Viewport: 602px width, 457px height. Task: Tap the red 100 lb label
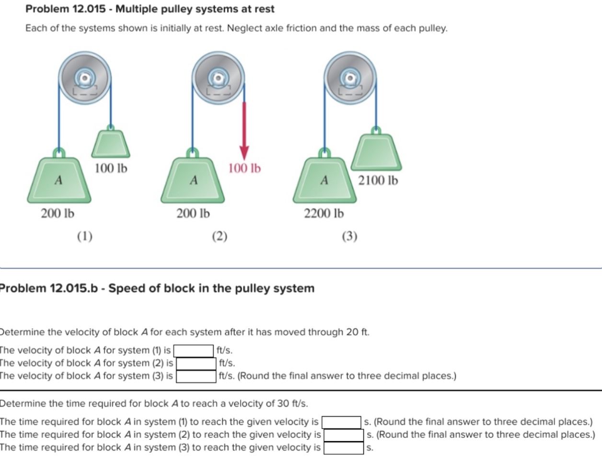(x=244, y=168)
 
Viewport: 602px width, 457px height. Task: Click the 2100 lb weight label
(x=378, y=181)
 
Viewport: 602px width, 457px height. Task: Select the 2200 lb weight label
(x=324, y=213)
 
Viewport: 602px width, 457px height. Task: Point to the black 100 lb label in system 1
(x=111, y=168)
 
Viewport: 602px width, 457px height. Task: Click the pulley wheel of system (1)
(x=85, y=78)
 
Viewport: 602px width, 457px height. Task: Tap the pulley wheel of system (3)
(x=350, y=78)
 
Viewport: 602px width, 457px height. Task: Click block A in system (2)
(x=193, y=181)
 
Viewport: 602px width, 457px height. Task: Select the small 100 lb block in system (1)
(x=111, y=144)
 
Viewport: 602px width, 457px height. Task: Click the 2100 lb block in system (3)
(x=376, y=152)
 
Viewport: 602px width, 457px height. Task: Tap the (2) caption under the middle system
(x=220, y=236)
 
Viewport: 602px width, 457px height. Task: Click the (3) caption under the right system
(x=349, y=236)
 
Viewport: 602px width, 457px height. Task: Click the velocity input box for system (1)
(x=194, y=351)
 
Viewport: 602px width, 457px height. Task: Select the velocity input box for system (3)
(x=196, y=376)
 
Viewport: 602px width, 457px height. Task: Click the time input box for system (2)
(x=343, y=435)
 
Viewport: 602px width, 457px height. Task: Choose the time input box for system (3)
(x=343, y=448)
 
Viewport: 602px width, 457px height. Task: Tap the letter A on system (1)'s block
(x=58, y=181)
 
